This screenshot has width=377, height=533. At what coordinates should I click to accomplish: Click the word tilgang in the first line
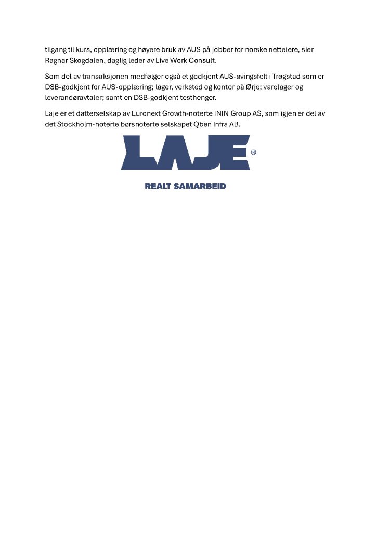[x=56, y=50]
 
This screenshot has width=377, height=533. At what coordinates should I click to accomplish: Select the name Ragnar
[x=57, y=60]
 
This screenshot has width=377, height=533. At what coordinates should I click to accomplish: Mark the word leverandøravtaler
[x=74, y=97]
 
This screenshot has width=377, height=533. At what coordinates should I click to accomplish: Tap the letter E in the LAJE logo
[x=235, y=152]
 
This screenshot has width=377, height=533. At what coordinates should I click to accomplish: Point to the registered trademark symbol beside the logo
[x=253, y=153]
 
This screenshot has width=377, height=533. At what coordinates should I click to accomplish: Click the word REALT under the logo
[x=158, y=186]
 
